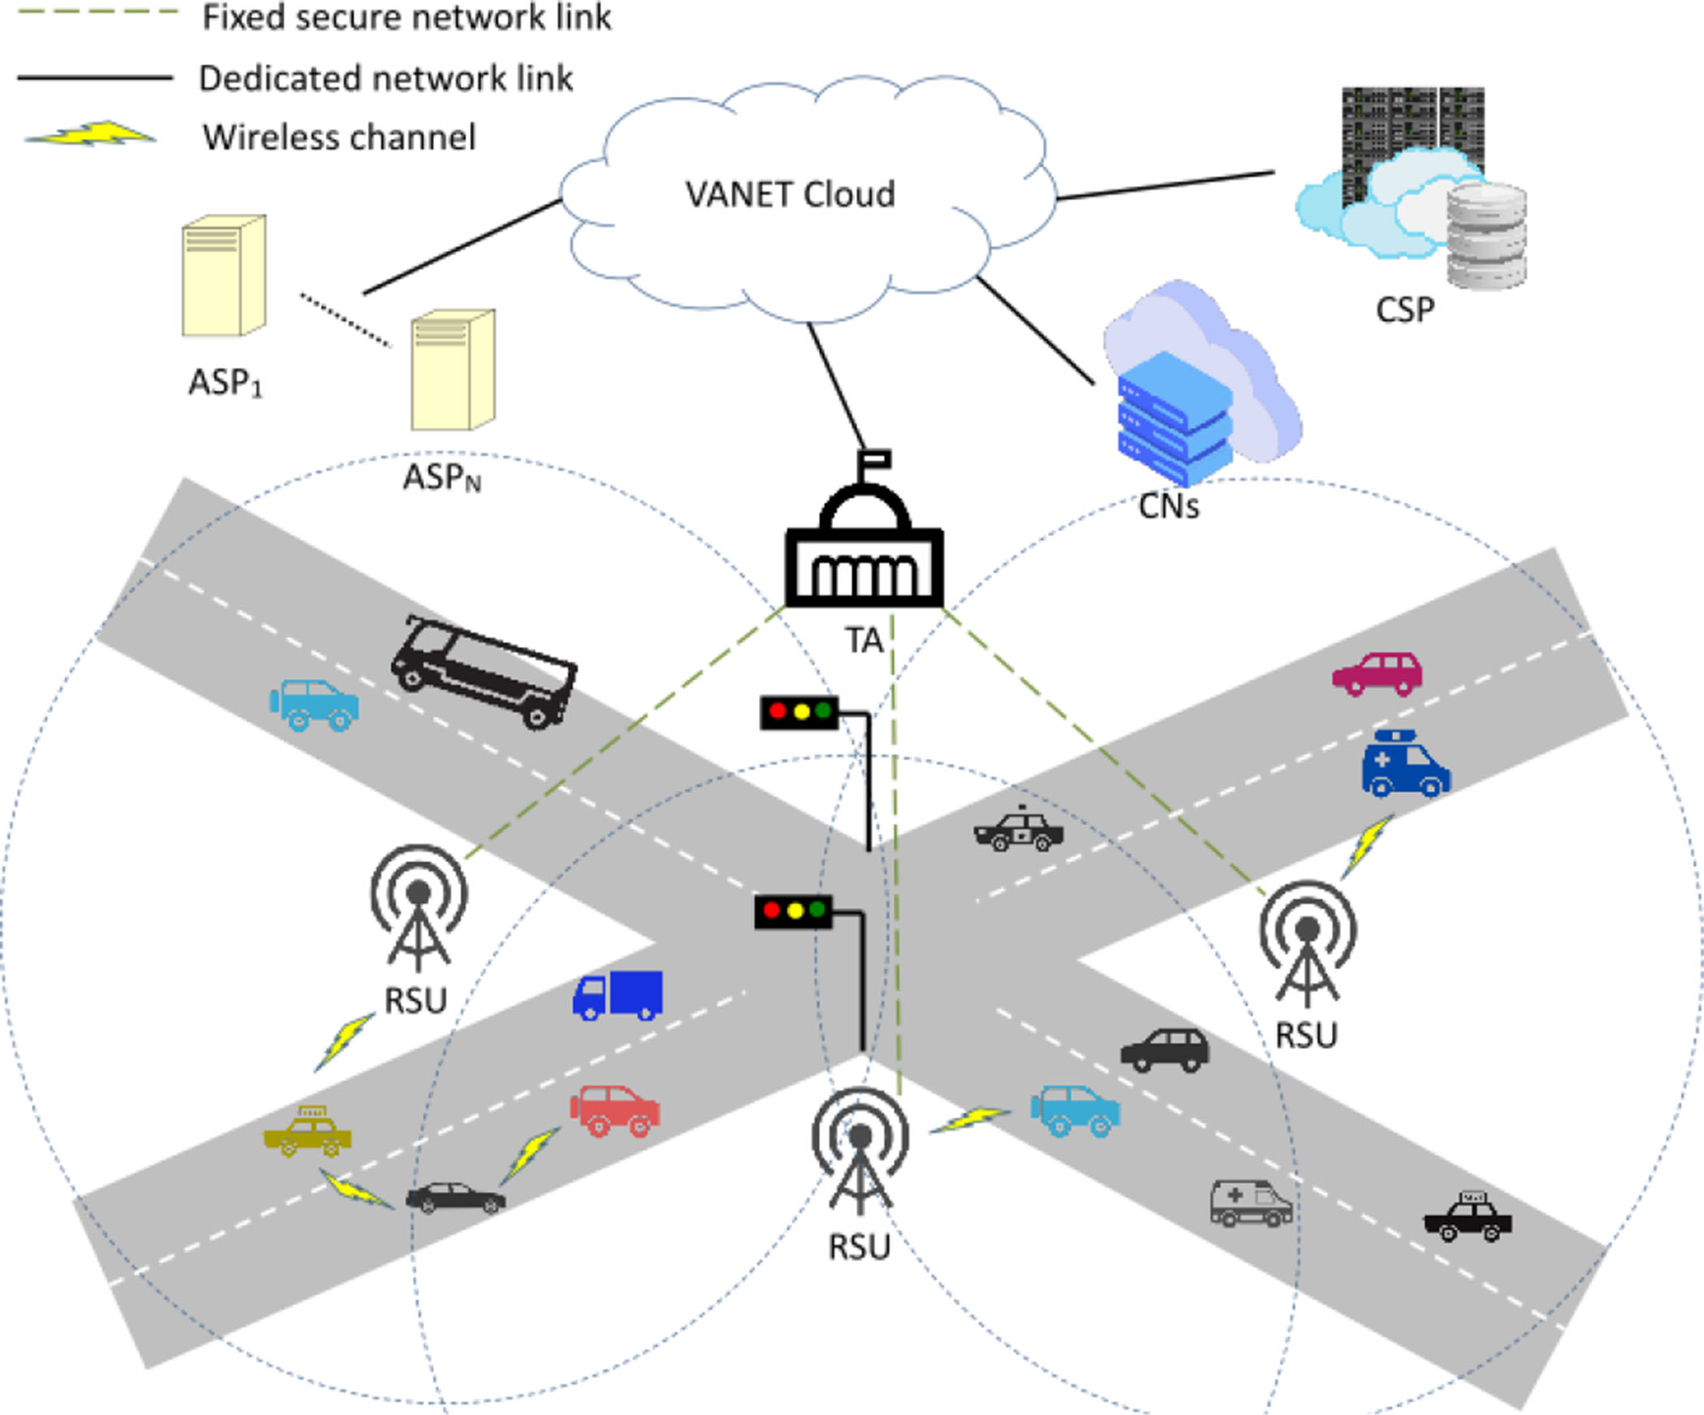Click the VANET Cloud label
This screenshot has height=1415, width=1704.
coord(790,195)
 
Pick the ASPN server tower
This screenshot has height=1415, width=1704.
coord(453,370)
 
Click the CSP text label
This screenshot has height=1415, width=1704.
coord(1405,310)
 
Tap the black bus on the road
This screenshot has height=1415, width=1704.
coord(484,671)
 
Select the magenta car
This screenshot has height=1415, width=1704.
coord(1378,673)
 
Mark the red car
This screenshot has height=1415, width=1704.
coord(615,1111)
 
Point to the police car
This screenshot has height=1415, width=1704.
coord(1018,830)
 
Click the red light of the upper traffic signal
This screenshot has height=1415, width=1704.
coord(777,712)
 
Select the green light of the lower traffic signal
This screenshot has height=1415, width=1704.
coord(817,910)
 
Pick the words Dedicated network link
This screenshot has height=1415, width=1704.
coord(385,79)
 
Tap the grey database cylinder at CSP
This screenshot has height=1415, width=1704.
coord(1487,235)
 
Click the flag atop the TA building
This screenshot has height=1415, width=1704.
coord(876,460)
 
